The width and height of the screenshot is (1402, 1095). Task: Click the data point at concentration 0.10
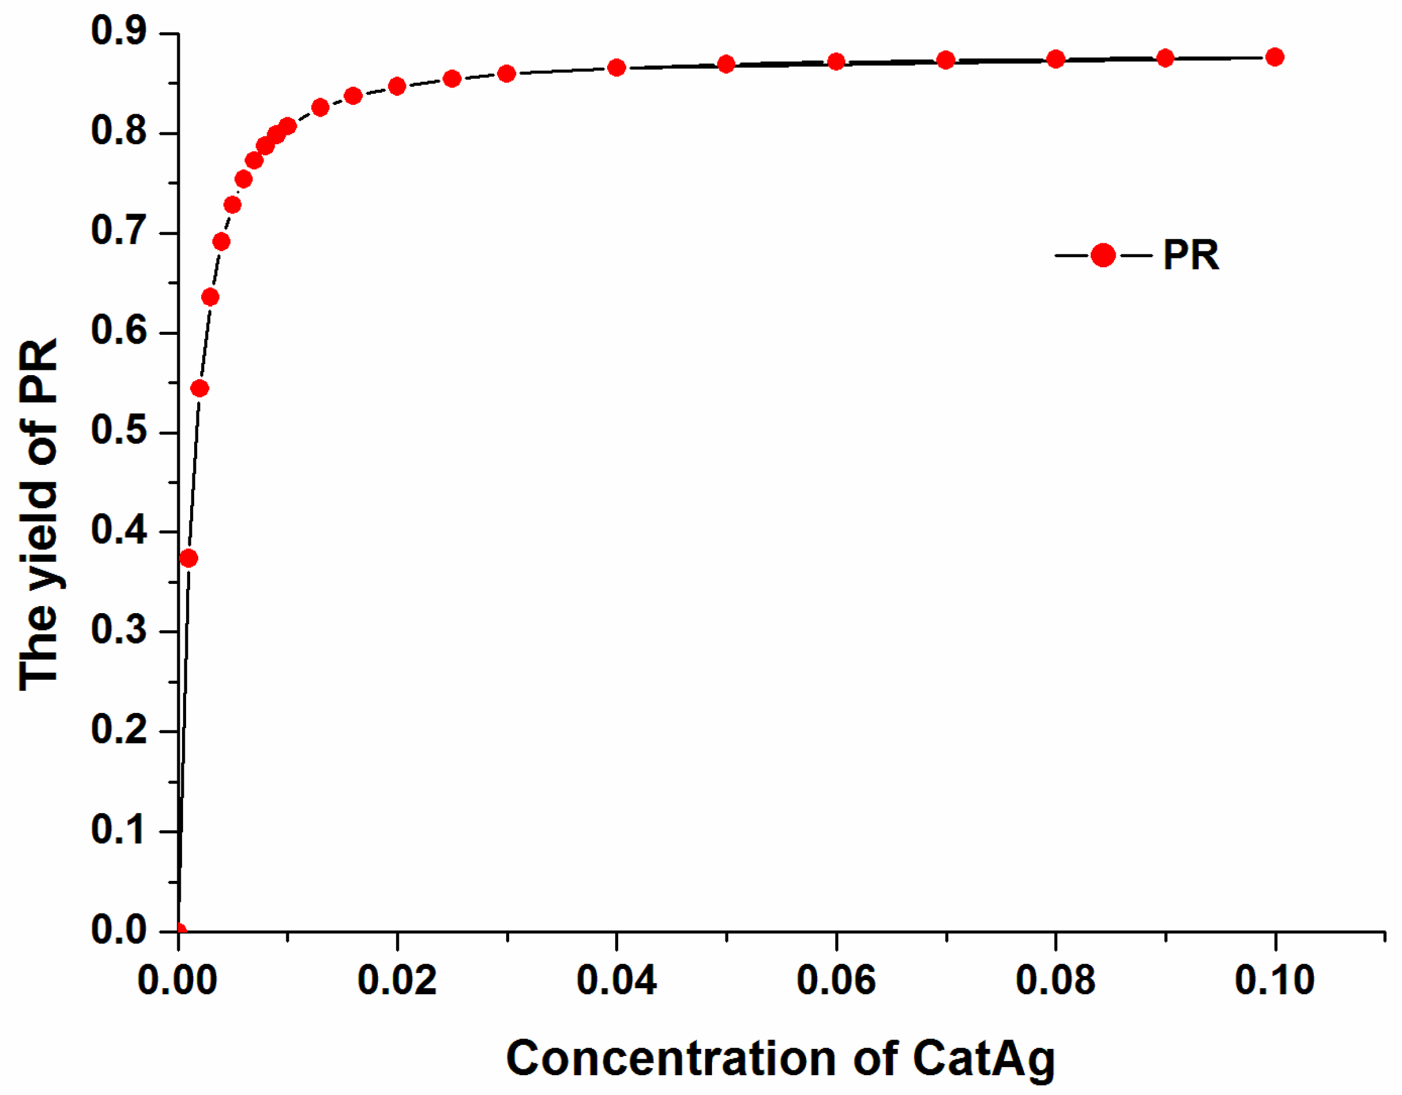[x=1275, y=57]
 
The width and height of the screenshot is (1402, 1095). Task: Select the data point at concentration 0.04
[x=616, y=68]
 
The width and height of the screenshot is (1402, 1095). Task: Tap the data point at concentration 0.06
[x=836, y=62]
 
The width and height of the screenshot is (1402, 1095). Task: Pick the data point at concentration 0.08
[x=1056, y=59]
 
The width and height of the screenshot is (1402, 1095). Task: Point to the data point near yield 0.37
[x=189, y=558]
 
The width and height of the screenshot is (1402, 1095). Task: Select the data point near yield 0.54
[x=199, y=389]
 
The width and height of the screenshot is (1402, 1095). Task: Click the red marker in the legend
[x=1103, y=256]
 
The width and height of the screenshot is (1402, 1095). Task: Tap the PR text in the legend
[x=1191, y=256]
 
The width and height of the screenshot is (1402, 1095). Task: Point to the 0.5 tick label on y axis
[x=119, y=431]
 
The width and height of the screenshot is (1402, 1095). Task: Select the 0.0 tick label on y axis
[x=119, y=929]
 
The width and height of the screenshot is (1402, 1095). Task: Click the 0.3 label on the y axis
[x=119, y=630]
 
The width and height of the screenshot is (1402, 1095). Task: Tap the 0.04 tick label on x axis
[x=616, y=981]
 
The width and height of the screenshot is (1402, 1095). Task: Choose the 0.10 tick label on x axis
[x=1275, y=981]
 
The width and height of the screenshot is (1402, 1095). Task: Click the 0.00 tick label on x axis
[x=178, y=981]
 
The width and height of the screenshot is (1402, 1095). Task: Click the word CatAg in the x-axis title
[x=983, y=1059]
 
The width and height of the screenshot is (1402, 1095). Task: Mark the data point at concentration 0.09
[x=1165, y=58]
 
